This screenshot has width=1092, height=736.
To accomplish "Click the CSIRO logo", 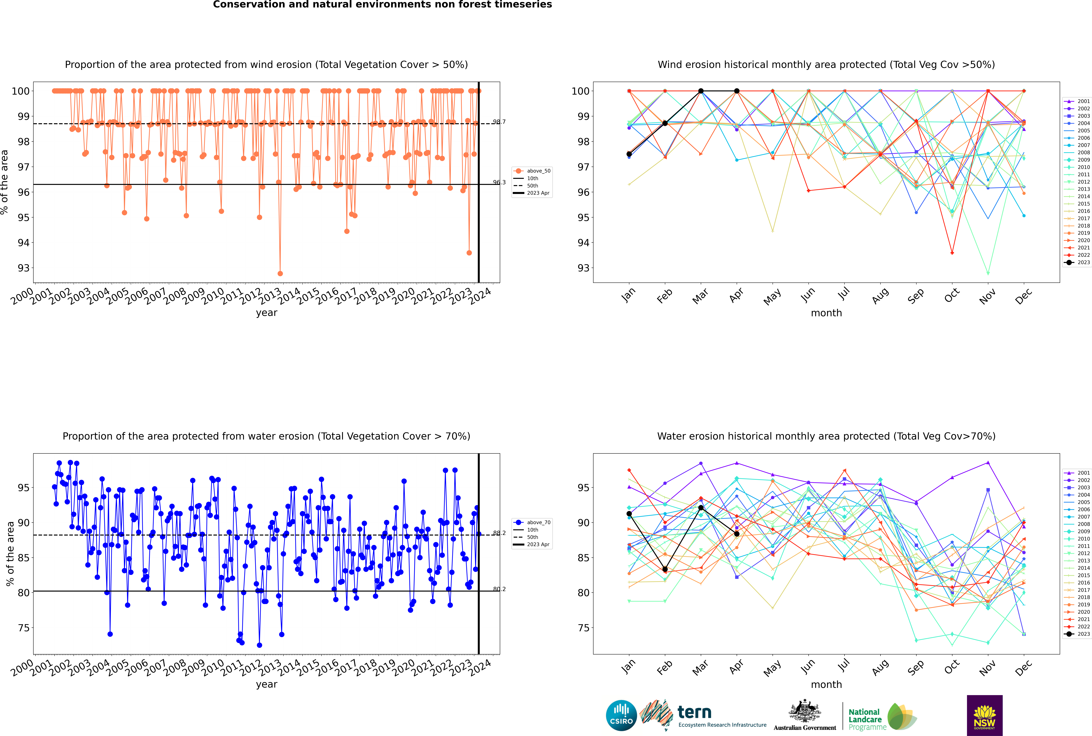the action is (x=621, y=715).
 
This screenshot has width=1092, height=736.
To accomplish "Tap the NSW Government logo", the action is (x=984, y=715).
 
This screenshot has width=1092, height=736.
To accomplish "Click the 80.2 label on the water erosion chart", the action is (x=499, y=589).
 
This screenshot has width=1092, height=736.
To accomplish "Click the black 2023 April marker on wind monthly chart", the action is (x=737, y=91).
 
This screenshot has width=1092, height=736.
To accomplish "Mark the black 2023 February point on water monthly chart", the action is (x=665, y=569).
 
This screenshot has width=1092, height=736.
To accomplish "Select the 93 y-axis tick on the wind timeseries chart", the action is (x=21, y=268).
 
